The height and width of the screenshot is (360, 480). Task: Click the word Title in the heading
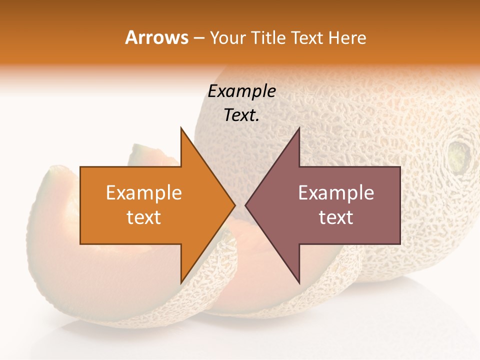[x=267, y=37]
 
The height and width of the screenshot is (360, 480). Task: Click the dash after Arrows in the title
[x=198, y=38]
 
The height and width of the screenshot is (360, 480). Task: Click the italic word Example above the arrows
[x=241, y=91]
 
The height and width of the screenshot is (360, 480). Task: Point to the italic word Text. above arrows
[x=241, y=115]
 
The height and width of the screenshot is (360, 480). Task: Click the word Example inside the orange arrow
[x=143, y=192]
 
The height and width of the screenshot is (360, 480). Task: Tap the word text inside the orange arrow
[x=143, y=217]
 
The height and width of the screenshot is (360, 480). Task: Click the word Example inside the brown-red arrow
[x=336, y=192]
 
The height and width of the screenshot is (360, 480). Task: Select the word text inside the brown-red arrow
[x=336, y=217]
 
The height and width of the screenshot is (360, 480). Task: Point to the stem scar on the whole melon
[x=458, y=154]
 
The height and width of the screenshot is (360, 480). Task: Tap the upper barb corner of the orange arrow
[x=181, y=128]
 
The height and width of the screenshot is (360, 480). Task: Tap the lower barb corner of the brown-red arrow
[x=298, y=282]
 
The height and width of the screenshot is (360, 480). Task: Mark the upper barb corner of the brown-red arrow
[x=298, y=128]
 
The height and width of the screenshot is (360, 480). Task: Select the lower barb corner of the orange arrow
[x=181, y=282]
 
